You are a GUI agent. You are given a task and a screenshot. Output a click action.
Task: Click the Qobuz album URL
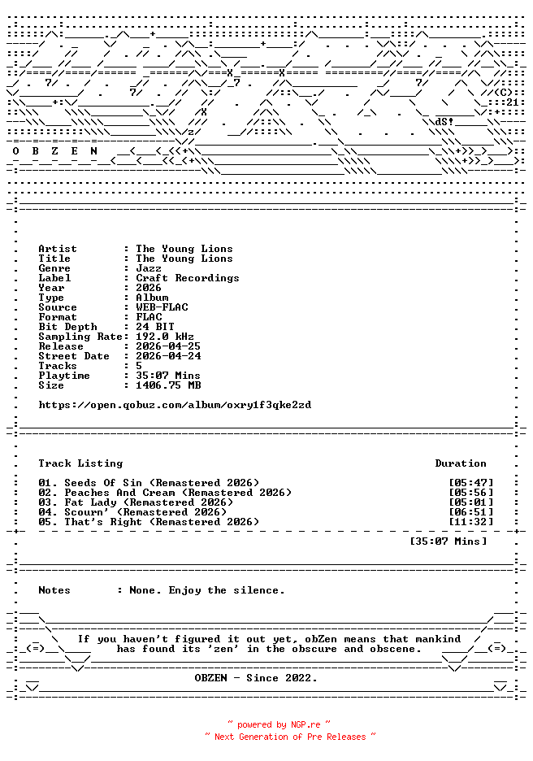pyautogui.click(x=175, y=405)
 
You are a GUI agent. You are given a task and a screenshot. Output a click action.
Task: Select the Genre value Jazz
pyautogui.click(x=149, y=268)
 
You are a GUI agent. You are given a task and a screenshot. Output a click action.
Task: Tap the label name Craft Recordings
pyautogui.click(x=188, y=278)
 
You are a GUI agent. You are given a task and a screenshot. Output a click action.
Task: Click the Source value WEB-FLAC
pyautogui.click(x=162, y=307)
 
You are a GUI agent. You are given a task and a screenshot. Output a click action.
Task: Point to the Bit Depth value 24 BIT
pyautogui.click(x=155, y=327)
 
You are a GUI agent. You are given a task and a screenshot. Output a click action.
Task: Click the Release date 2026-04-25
pyautogui.click(x=168, y=346)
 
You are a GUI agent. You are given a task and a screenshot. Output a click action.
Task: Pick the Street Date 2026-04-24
pyautogui.click(x=168, y=356)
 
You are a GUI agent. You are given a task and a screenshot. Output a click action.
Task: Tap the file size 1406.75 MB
pyautogui.click(x=168, y=385)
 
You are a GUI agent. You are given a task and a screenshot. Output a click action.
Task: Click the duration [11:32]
pyautogui.click(x=470, y=522)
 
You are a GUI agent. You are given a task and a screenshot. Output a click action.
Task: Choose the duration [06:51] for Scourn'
pyautogui.click(x=470, y=512)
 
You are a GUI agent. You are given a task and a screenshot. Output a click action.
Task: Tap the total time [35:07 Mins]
pyautogui.click(x=448, y=541)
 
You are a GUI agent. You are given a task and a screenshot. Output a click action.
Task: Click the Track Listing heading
pyautogui.click(x=80, y=463)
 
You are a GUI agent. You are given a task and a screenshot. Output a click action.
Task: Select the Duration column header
pyautogui.click(x=461, y=463)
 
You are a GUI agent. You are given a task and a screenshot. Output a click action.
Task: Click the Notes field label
pyautogui.click(x=54, y=590)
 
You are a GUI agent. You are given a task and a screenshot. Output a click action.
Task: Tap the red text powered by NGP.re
pyautogui.click(x=279, y=724)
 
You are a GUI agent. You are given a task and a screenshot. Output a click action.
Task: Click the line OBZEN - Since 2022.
pyautogui.click(x=256, y=678)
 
